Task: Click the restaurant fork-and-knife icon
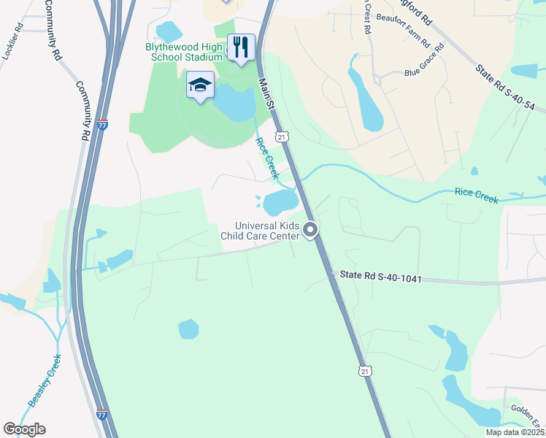241,48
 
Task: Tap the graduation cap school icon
200,85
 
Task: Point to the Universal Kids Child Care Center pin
310,231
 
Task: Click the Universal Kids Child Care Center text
260,231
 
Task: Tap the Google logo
24,429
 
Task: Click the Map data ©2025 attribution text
515,432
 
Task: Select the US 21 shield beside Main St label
281,136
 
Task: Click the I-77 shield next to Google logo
103,415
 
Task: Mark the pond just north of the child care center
280,202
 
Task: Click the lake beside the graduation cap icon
234,102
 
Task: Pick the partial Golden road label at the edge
528,410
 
